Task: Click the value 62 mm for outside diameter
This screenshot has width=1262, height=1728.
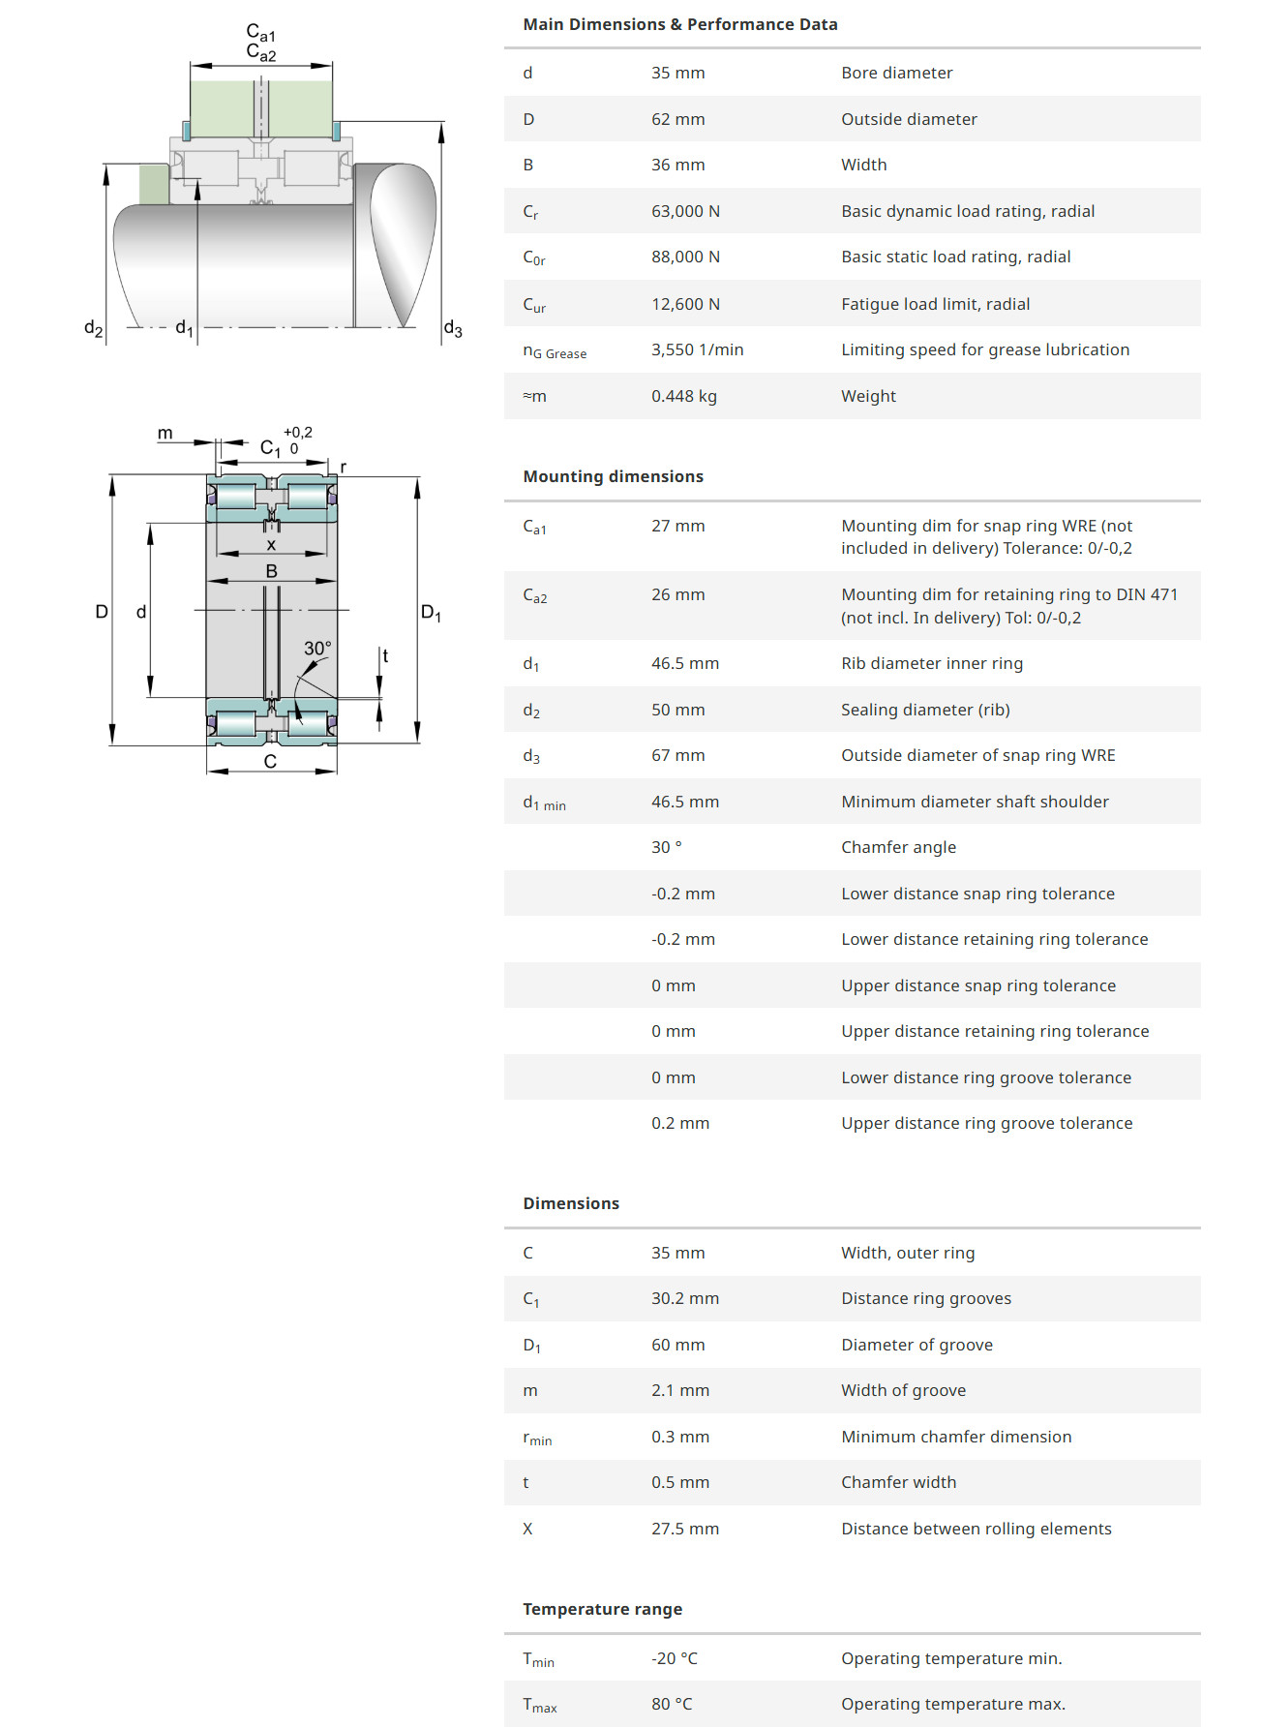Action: (677, 119)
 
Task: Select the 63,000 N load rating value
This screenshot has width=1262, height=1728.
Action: (685, 211)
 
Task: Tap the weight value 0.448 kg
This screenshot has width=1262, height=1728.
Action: (683, 396)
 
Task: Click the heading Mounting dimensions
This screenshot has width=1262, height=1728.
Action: (613, 476)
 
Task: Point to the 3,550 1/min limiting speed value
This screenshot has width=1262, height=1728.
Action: (697, 349)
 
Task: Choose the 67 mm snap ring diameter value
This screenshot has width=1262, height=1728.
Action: (677, 755)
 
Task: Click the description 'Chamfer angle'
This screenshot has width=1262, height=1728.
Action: (898, 847)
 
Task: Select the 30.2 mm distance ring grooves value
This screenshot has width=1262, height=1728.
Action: (684, 1298)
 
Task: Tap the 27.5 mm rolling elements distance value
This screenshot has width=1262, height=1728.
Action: (684, 1529)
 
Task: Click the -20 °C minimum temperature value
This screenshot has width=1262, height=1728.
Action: (674, 1658)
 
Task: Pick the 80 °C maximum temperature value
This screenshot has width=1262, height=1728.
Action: (671, 1704)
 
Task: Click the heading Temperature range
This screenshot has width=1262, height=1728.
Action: (602, 1609)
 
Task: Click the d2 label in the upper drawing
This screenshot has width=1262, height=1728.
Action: (93, 328)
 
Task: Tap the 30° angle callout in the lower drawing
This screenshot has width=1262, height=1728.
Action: (317, 648)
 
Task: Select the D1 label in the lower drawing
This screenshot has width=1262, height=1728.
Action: (431, 613)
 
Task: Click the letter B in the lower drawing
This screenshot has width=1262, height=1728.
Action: (271, 571)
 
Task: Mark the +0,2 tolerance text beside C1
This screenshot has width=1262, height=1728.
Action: (297, 433)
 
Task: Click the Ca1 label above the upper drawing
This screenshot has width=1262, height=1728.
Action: (260, 33)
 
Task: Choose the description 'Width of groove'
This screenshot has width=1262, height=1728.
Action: (903, 1390)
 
